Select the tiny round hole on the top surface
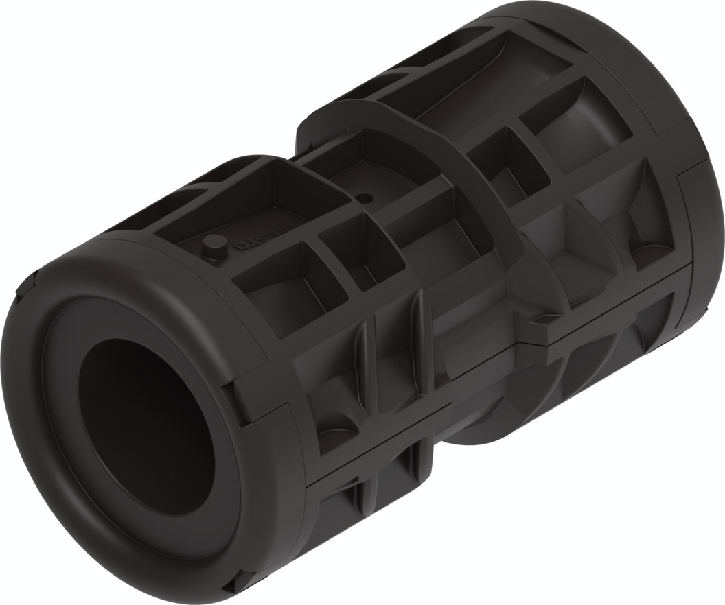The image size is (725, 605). (x=365, y=198)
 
